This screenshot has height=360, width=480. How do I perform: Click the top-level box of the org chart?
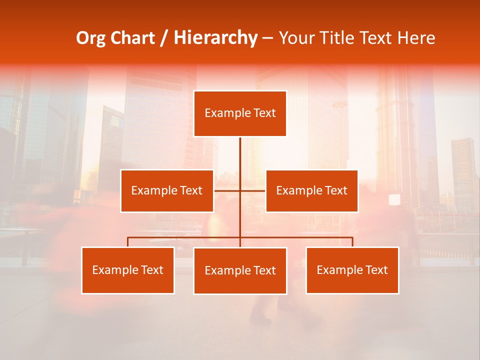240,113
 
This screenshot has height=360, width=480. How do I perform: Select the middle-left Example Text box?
167,190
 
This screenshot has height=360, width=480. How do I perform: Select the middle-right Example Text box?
311,190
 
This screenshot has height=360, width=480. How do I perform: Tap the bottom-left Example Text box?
127,270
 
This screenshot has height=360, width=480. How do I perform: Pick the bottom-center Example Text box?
240,270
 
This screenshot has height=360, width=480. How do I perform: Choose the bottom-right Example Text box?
352,270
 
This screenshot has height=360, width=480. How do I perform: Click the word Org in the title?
91,38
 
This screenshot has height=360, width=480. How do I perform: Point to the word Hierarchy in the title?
215,38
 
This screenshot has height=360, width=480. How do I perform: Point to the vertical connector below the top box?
240,155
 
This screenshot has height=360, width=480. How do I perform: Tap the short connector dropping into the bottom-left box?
127,242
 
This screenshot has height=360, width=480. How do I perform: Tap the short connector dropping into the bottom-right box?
352,242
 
